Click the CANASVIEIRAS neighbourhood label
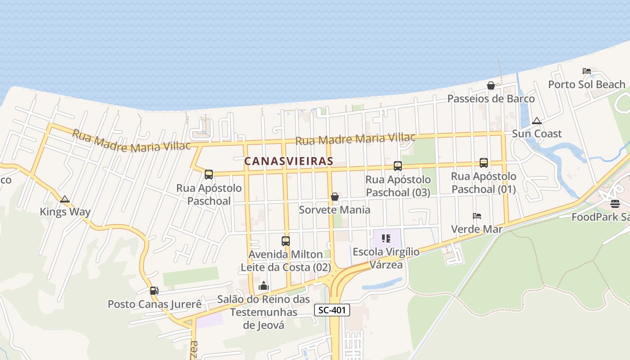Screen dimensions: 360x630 (288, 161)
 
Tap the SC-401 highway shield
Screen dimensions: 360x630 (332, 310)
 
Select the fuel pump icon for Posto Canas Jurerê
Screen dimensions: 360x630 (154, 291)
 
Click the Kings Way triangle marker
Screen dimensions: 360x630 (65, 199)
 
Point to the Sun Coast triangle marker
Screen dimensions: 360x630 (536, 121)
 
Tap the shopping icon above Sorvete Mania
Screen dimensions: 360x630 (335, 197)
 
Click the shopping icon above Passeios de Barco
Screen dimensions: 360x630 (491, 85)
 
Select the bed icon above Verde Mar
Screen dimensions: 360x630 (477, 216)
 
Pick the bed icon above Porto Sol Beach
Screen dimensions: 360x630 (587, 71)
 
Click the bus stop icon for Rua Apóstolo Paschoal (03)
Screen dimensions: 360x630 (398, 166)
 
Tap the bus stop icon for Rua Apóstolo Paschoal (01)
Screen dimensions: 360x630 (484, 163)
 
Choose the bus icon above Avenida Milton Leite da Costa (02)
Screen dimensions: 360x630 (286, 241)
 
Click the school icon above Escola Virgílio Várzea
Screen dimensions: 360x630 (386, 238)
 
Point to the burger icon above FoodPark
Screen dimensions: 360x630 (615, 204)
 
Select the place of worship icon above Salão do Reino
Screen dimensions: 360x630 (264, 286)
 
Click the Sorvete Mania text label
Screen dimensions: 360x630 (335, 210)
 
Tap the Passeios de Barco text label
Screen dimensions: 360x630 (491, 99)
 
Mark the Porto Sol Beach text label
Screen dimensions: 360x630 (586, 85)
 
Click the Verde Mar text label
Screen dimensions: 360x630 (477, 229)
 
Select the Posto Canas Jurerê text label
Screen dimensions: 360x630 (154, 304)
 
